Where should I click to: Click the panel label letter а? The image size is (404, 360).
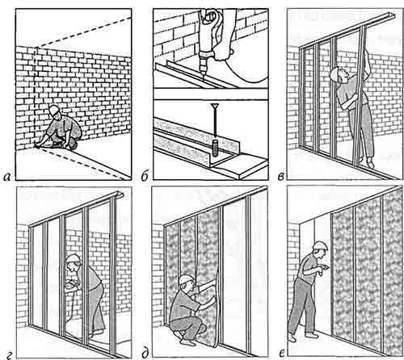coord(7,177)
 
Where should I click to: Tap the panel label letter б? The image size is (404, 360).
coord(145,176)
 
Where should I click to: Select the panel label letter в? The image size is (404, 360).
coord(280,177)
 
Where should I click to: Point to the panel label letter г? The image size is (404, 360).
coord(9,357)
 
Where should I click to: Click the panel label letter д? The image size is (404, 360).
coord(145,354)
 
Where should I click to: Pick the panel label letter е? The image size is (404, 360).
coord(282,354)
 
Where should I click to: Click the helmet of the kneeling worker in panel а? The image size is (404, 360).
coord(54,109)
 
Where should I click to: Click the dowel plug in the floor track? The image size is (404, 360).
coord(215,148)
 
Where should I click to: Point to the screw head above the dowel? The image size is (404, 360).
coord(215,106)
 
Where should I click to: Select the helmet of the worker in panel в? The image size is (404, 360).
coord(335,73)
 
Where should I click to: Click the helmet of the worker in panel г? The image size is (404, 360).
coord(73,258)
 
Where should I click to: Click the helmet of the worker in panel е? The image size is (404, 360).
coord(320,245)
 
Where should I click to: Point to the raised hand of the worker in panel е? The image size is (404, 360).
coord(326,268)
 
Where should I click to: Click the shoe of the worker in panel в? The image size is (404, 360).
coord(370,163)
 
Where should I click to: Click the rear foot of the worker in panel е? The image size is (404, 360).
coord(292,337)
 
